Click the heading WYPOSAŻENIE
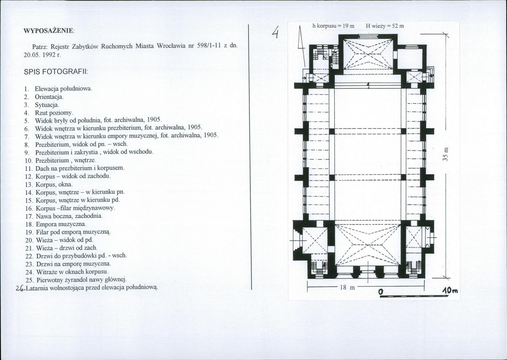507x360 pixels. (x=49, y=31)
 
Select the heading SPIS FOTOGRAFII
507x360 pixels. (x=55, y=72)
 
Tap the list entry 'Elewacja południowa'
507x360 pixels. (x=63, y=89)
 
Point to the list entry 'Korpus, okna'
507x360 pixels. (x=54, y=184)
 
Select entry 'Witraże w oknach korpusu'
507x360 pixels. (x=72, y=271)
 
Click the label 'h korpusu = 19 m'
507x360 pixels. (x=333, y=26)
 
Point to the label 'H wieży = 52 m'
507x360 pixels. (x=385, y=26)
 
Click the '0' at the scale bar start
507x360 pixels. (x=380, y=291)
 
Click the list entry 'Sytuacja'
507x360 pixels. (x=47, y=104)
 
